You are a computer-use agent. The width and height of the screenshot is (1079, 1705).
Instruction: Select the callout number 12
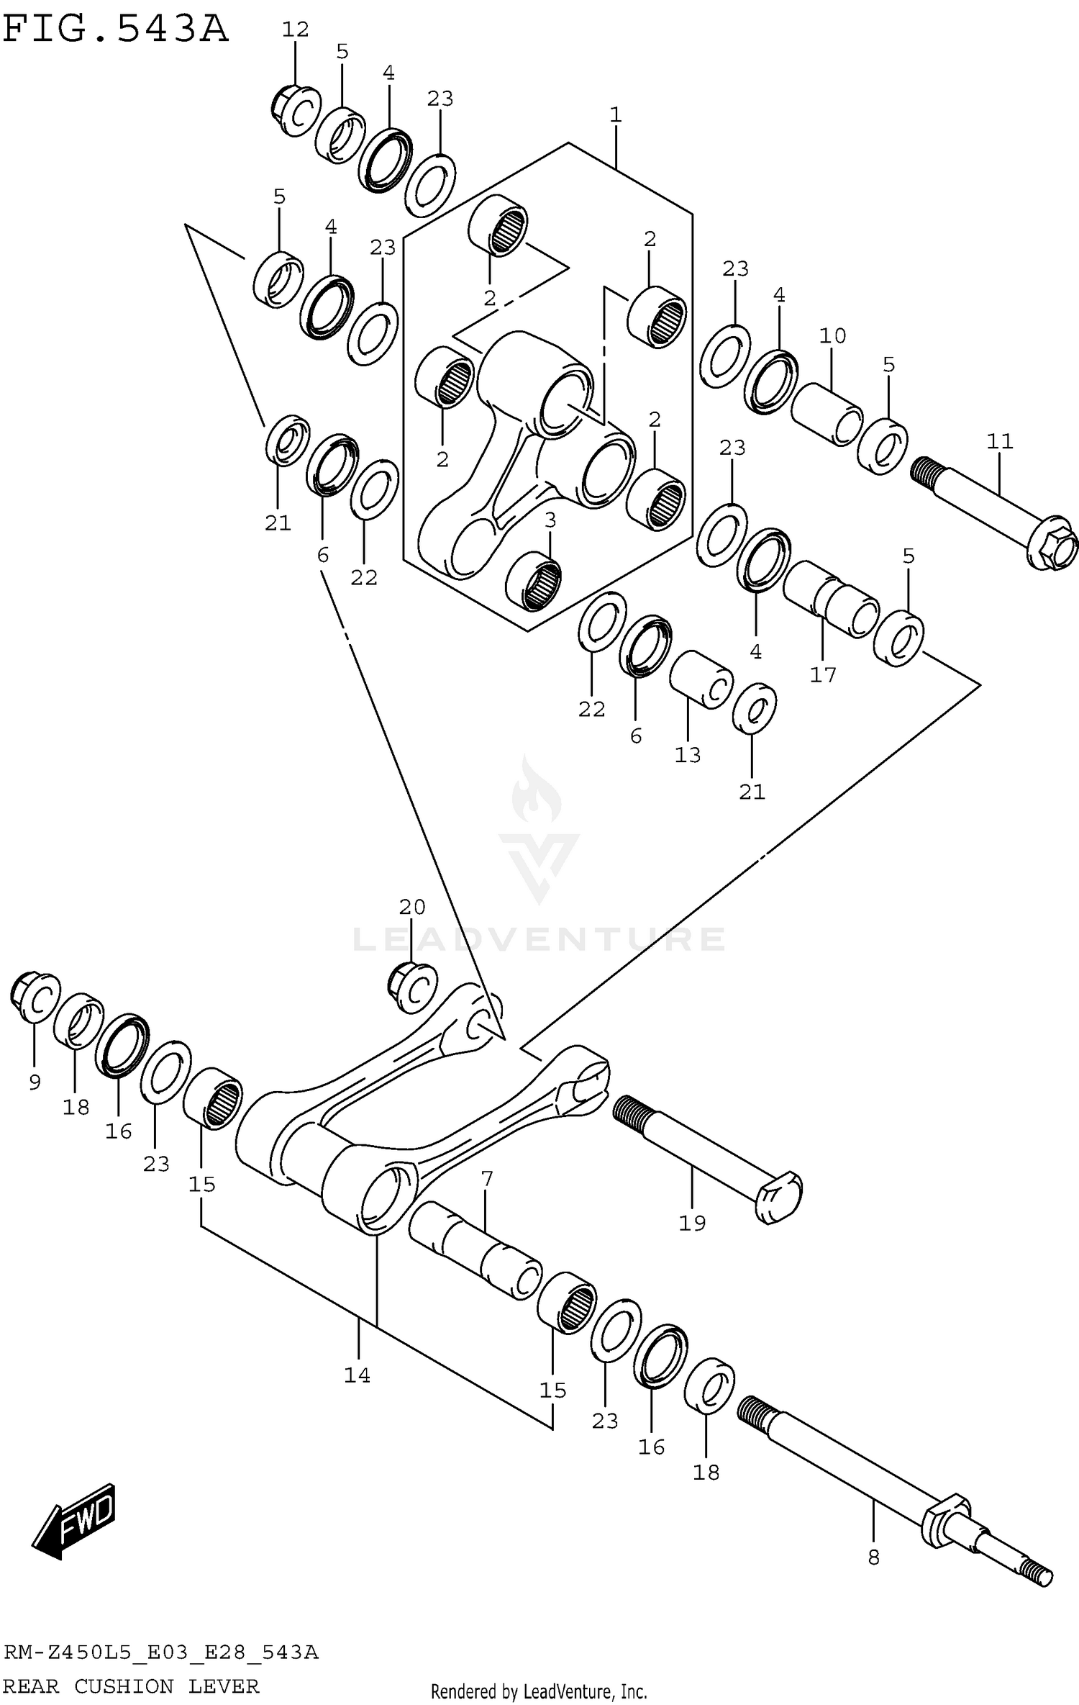(295, 30)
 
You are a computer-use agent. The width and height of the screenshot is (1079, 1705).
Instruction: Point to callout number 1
(615, 115)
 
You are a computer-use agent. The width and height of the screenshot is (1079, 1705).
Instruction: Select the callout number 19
(692, 1222)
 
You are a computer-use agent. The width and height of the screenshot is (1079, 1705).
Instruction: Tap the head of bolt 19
(778, 1195)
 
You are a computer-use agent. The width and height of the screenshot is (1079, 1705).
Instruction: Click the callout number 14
(357, 1375)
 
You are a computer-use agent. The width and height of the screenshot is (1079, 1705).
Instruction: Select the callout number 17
(823, 674)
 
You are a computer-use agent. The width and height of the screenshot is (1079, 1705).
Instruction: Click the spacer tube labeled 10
(827, 414)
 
